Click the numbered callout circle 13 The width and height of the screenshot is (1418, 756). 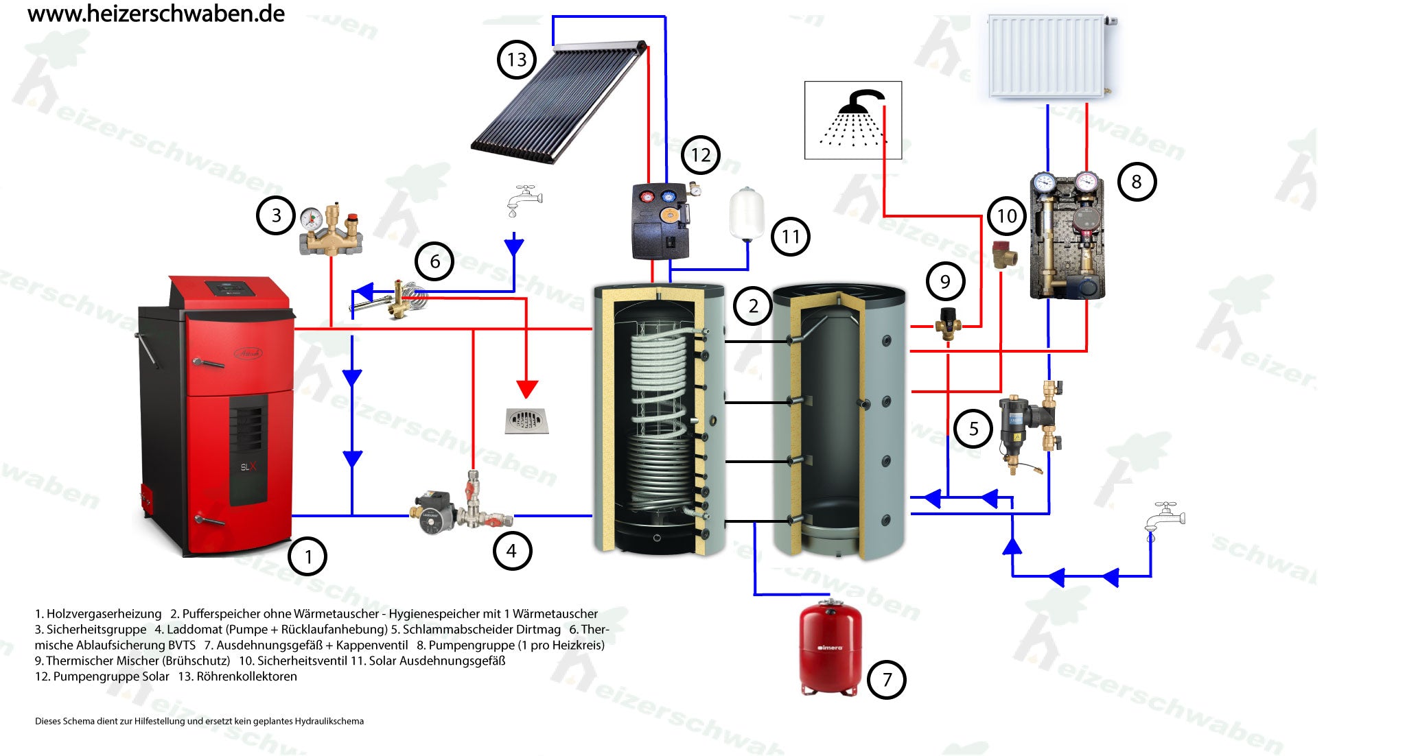tap(516, 60)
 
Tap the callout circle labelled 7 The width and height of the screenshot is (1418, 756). tap(886, 680)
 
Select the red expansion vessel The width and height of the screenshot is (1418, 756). tap(830, 648)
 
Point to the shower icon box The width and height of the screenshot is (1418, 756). tap(852, 121)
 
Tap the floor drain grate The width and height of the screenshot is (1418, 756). tap(526, 421)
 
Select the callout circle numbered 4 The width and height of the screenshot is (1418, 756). tap(511, 550)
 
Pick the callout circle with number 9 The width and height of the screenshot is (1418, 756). tap(945, 281)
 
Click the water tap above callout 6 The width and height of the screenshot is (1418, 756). tap(524, 198)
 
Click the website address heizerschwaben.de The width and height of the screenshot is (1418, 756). tap(156, 14)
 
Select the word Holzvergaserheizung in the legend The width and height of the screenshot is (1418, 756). tap(104, 614)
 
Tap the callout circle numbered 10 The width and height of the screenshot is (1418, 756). tap(1006, 217)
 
